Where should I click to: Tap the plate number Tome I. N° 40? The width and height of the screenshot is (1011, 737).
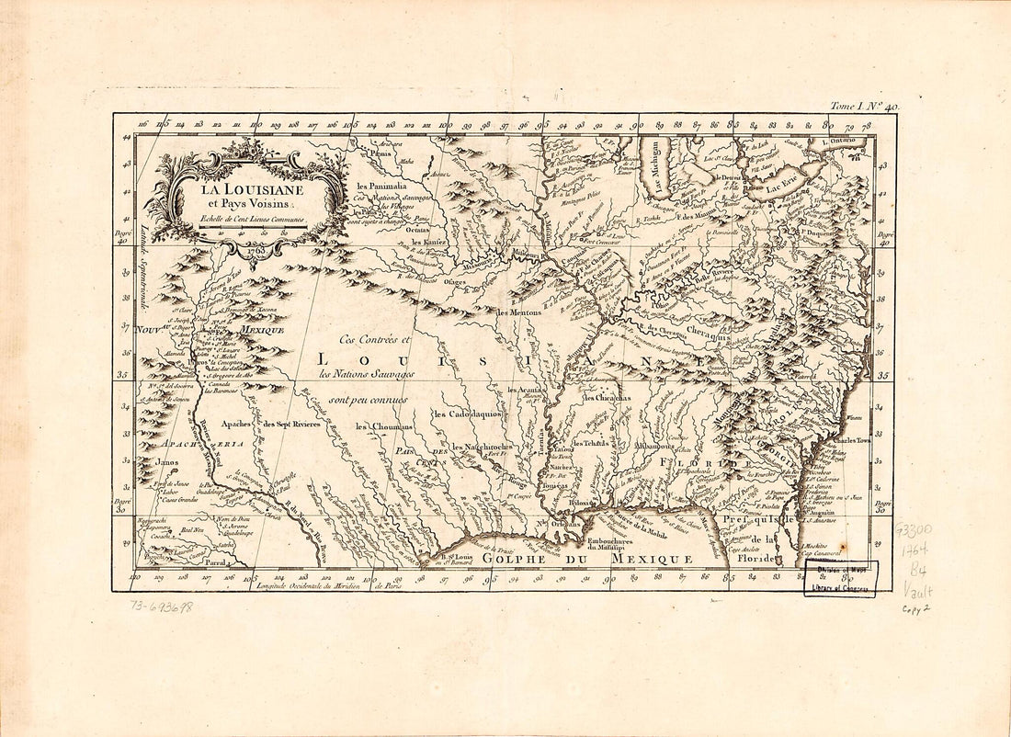click(x=864, y=107)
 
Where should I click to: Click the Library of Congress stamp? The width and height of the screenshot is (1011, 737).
click(x=839, y=578)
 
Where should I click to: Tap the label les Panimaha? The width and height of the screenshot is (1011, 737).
click(x=381, y=187)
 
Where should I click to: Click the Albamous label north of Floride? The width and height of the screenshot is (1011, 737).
click(x=654, y=446)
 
